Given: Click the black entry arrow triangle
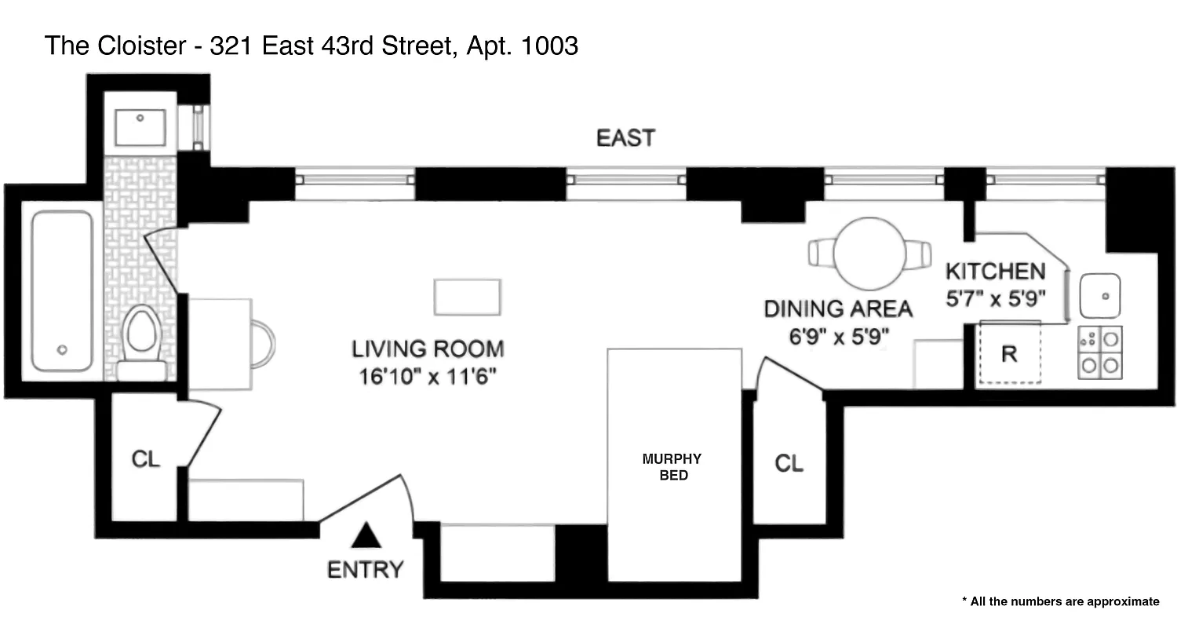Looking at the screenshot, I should [x=366, y=538].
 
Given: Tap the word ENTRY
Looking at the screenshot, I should [x=366, y=569].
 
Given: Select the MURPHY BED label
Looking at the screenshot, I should [x=672, y=466].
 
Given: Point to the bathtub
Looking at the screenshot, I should [x=62, y=290].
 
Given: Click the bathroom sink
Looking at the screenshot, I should [x=140, y=127].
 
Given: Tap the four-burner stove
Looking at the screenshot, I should [x=1100, y=352].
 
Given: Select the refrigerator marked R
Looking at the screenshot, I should [x=1009, y=354].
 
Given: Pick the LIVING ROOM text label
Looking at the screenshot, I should [x=428, y=349].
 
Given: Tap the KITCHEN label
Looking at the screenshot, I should [x=995, y=272].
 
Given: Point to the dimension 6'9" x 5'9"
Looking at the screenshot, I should [x=839, y=336].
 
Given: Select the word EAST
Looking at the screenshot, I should [x=625, y=138].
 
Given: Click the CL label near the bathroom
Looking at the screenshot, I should [x=145, y=459].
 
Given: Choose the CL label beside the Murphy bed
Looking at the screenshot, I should [x=789, y=463].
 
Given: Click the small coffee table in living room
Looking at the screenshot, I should [x=468, y=297].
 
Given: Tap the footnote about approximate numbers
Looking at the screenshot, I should [x=1060, y=601].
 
